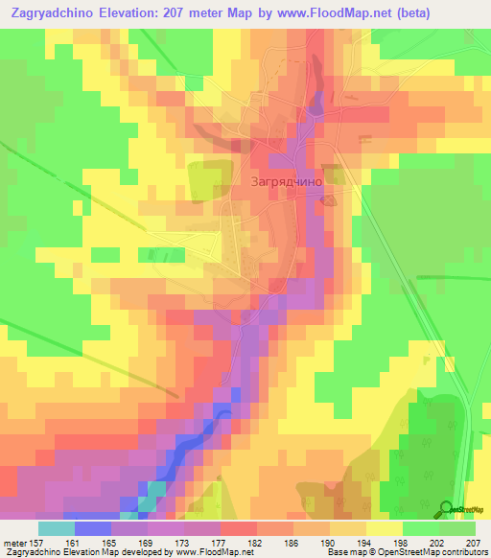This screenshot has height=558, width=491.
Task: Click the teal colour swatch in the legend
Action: tap(57, 528)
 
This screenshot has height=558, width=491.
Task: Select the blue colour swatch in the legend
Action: tap(93, 528)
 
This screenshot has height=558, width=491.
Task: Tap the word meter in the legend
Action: tap(18, 542)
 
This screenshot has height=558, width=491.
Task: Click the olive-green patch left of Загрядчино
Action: tap(203, 180)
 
